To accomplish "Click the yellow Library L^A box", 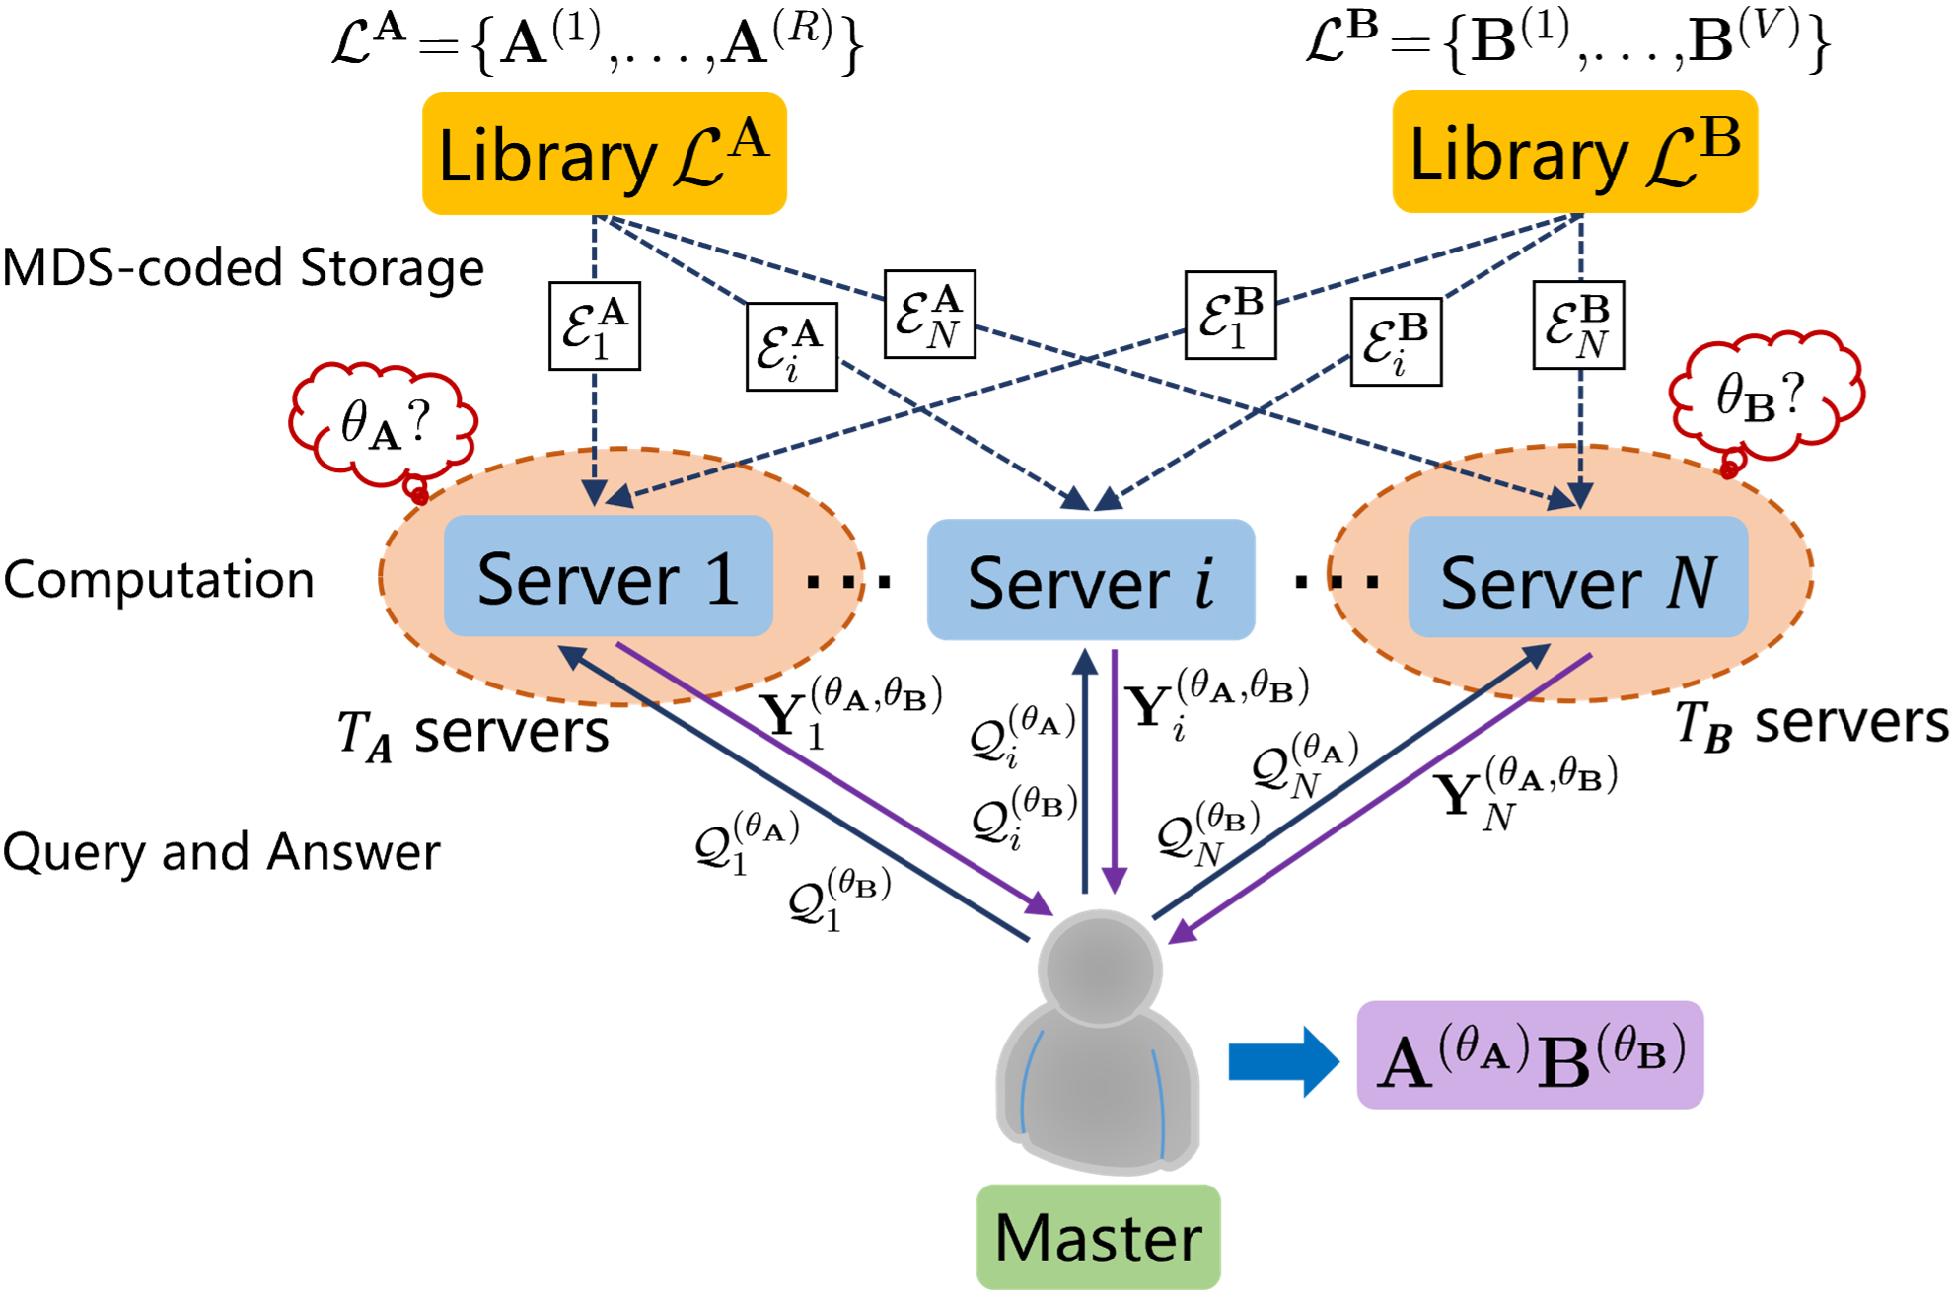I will [605, 154].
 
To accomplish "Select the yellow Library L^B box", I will [1574, 152].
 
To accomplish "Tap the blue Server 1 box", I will [608, 576].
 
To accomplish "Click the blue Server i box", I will [1090, 580].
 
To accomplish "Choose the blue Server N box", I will [1577, 577].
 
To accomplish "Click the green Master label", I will [1098, 1237].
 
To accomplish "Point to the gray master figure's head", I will [1099, 968].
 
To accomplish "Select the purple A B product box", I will [1529, 1055].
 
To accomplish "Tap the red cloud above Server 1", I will [383, 422].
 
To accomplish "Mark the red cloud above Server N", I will [1766, 395].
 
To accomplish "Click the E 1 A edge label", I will [594, 326].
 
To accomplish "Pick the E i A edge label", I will [791, 346].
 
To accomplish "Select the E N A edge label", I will [929, 314].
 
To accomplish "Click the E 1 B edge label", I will [1230, 316].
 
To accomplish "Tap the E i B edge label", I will [1395, 342].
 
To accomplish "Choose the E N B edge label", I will [1577, 325].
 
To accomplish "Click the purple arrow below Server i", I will [1115, 769].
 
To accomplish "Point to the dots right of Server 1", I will [831, 581].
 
